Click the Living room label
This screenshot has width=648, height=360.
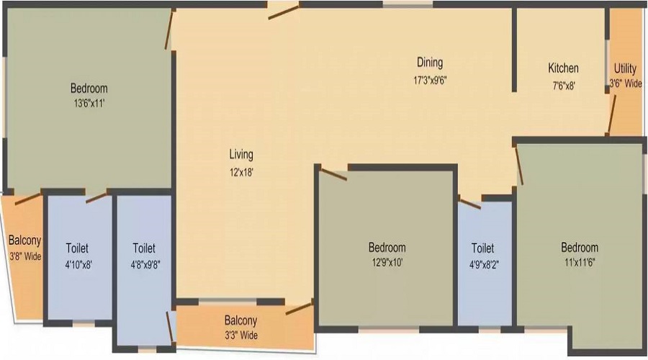point(241,155)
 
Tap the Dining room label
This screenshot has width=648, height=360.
point(430,63)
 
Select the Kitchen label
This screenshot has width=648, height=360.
point(563,68)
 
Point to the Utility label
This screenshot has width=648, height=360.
point(625,68)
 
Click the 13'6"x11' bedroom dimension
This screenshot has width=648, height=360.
point(89,104)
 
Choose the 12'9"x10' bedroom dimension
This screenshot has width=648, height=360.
point(387,263)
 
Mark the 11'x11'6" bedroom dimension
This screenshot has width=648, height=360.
point(580,263)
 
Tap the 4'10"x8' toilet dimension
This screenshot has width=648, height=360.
point(78,264)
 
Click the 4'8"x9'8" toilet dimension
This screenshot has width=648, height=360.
point(145,264)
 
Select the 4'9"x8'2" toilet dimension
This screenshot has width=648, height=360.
point(484,264)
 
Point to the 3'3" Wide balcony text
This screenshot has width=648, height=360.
point(241,335)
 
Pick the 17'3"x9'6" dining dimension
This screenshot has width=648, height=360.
point(431,80)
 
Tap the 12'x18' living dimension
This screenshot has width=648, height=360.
point(241,172)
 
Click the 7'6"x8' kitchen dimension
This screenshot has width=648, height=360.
point(564,86)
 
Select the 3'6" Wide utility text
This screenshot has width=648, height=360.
point(626,83)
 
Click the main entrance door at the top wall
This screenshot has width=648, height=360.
point(283,12)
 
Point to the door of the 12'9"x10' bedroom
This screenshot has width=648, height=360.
point(333,174)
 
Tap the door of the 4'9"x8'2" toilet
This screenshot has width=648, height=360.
point(470,204)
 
